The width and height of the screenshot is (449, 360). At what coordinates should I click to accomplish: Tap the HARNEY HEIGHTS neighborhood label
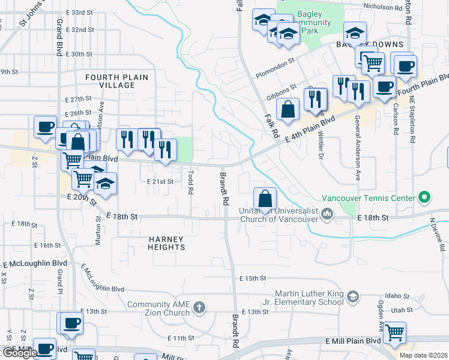pyautogui.click(x=167, y=242)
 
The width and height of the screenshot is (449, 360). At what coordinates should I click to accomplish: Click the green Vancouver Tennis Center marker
pyautogui.click(x=424, y=197)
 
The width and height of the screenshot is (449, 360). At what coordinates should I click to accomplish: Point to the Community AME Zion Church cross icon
pyautogui.click(x=200, y=308)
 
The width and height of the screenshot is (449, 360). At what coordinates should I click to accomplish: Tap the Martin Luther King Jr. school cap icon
pyautogui.click(x=355, y=297)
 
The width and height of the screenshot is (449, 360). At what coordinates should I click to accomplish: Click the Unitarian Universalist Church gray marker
pyautogui.click(x=327, y=213)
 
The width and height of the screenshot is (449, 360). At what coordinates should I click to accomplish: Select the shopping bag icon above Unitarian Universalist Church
pyautogui.click(x=265, y=197)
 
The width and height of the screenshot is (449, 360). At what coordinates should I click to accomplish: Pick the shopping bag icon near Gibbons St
pyautogui.click(x=288, y=109)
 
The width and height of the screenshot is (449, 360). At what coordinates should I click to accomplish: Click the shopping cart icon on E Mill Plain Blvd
pyautogui.click(x=394, y=332)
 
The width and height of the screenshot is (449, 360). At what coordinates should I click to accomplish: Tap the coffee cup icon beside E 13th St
pyautogui.click(x=71, y=323)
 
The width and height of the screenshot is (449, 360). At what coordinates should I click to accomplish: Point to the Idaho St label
pyautogui.click(x=397, y=295)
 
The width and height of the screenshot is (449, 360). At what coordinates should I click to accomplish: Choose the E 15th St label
pyautogui.click(x=252, y=278)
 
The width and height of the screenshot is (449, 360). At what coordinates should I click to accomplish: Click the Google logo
pyautogui.click(x=19, y=353)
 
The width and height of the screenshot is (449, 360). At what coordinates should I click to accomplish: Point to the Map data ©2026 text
pyautogui.click(x=423, y=355)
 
